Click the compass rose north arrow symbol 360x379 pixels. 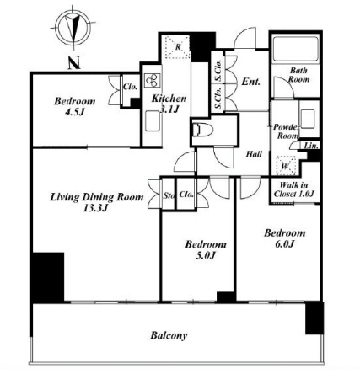point(73,28)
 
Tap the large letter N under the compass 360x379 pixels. point(74,63)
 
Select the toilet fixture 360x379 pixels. point(203,131)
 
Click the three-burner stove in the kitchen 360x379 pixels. point(152,80)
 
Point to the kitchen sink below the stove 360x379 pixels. point(153,120)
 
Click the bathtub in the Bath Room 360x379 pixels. point(295,48)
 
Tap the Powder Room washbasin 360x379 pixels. point(308,119)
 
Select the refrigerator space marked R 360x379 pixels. point(178,47)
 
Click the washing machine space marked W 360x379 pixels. point(285,166)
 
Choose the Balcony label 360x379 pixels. point(169,335)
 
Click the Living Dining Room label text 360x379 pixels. point(97,197)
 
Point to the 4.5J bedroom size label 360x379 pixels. point(75,112)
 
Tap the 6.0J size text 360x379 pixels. point(284,244)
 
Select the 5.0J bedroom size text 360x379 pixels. point(206,255)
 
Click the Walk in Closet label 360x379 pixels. point(293,189)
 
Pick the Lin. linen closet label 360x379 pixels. point(311,146)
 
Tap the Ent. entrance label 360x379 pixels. point(251,82)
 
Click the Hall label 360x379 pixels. point(254,154)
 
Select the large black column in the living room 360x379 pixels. point(48,277)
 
